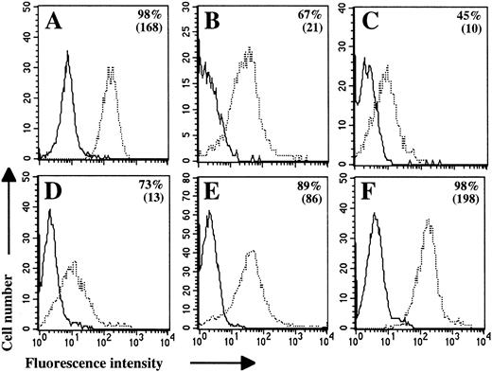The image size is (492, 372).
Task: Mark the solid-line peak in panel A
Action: click(x=68, y=53)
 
